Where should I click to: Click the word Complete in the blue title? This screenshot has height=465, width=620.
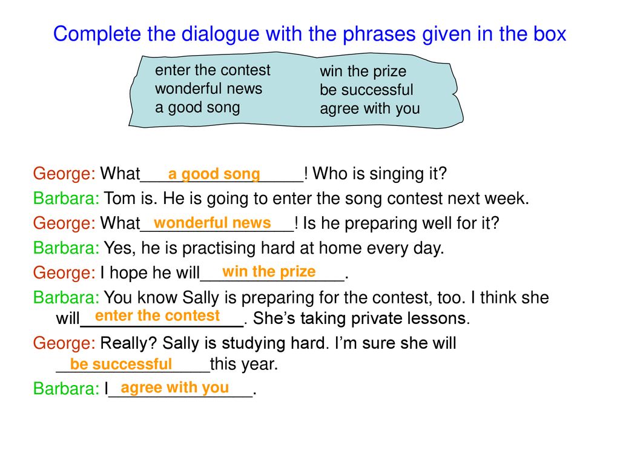coord(97,35)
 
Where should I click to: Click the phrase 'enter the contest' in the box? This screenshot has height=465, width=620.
coord(213,70)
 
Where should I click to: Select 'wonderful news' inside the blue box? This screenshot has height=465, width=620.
coord(208,88)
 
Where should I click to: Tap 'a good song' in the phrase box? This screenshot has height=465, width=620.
coord(197,108)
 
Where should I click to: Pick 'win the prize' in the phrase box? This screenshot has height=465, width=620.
coord(363,71)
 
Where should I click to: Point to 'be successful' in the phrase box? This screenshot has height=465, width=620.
coord(366,90)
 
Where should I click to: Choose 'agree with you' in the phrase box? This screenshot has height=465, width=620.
coord(370,109)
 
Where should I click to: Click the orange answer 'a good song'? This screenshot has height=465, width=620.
coord(214,174)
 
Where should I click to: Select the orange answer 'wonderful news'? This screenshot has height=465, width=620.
coord(213,223)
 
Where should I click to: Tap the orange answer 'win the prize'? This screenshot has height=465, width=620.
coord(269,272)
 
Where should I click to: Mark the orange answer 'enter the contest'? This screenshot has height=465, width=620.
coord(157,315)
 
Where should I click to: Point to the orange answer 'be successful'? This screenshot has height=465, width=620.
coord(121,364)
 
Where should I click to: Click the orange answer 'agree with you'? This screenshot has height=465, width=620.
coord(175,388)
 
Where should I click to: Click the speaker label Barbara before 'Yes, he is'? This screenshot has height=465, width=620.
coord(66,248)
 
